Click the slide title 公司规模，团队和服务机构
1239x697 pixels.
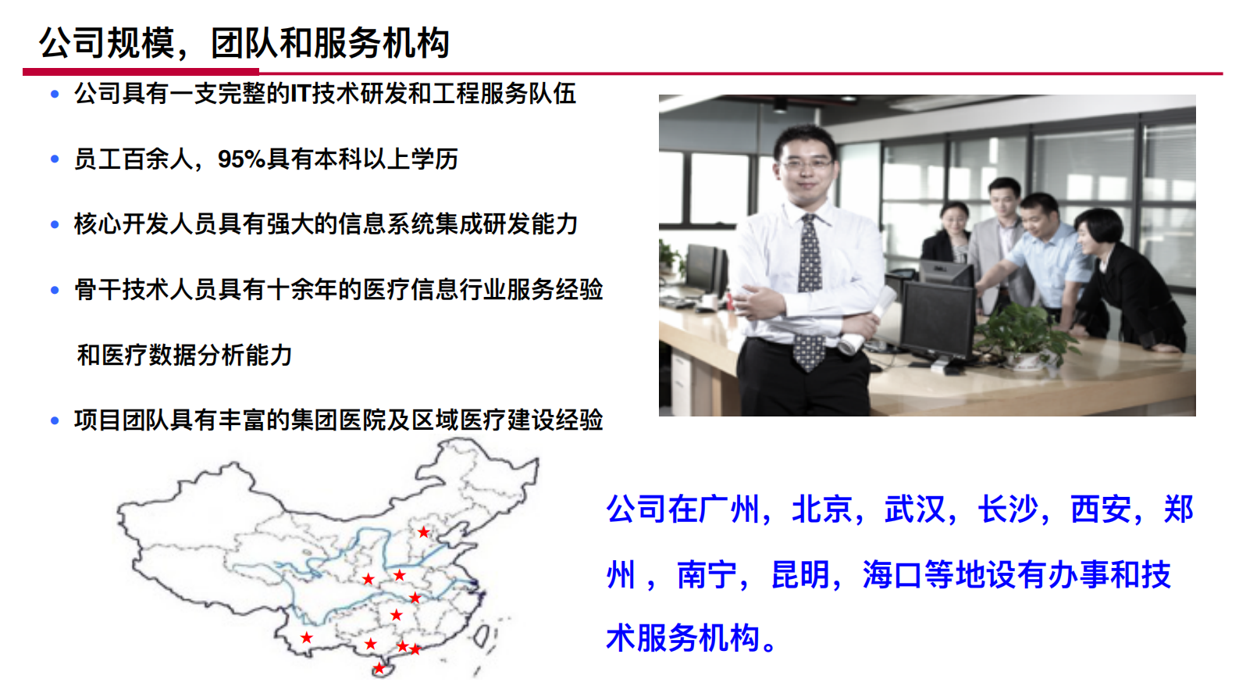(x=244, y=43)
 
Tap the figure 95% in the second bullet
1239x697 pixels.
(x=241, y=159)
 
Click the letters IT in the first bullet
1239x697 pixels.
(x=301, y=94)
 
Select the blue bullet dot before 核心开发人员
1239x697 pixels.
(x=55, y=225)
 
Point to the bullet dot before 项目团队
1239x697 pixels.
(x=55, y=421)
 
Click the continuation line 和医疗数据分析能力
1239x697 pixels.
(x=184, y=356)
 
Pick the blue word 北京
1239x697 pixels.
(x=822, y=509)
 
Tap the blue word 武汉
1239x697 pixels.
(x=915, y=509)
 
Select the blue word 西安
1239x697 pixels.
(x=1101, y=509)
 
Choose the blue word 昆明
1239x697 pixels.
(x=800, y=575)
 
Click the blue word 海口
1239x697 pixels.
(x=892, y=575)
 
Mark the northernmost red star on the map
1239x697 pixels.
(x=423, y=532)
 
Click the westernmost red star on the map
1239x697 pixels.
(x=307, y=638)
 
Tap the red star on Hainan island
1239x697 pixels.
(x=379, y=668)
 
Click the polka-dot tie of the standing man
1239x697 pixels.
(x=809, y=289)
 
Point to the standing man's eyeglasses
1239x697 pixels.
(x=806, y=163)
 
